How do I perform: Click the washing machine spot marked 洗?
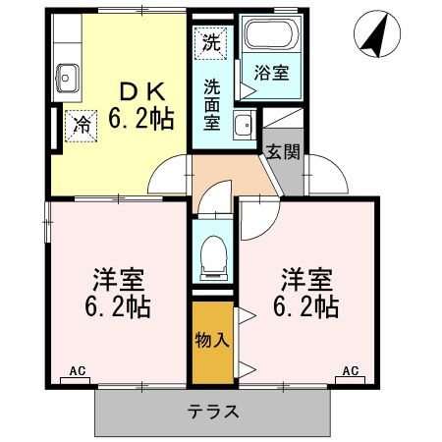click(210, 42)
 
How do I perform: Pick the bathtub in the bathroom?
click(270, 38)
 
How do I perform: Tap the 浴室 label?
click(272, 74)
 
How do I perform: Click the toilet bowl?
click(212, 258)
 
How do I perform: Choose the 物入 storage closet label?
click(212, 341)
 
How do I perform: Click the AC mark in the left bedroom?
click(79, 371)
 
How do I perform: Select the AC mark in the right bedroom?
click(350, 371)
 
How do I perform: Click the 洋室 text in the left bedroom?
click(116, 277)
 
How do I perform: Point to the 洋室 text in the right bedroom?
click(305, 277)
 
